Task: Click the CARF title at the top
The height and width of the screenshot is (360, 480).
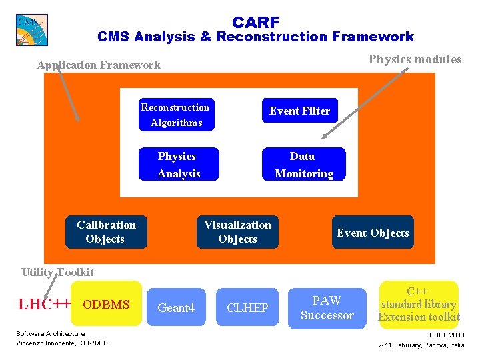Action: [x=255, y=22]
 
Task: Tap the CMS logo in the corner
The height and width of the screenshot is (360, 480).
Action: [x=31, y=29]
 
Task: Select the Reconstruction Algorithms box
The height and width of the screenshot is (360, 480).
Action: [x=175, y=115]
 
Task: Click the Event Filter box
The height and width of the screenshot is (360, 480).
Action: [x=299, y=111]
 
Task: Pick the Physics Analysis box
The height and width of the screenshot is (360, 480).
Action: [x=178, y=165]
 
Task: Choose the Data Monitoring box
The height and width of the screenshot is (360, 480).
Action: [x=303, y=165]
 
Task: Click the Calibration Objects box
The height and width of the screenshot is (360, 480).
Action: [x=106, y=232]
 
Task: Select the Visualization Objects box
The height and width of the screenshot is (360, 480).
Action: [x=237, y=232]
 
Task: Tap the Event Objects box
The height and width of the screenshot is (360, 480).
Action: [x=373, y=233]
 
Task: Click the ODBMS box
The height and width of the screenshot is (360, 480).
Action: [x=106, y=305]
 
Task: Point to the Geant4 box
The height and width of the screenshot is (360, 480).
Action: [x=176, y=307]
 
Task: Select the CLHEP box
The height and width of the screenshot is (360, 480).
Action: [x=247, y=307]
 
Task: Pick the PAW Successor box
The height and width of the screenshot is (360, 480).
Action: [x=327, y=307]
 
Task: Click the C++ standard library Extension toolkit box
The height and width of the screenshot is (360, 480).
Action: [x=419, y=304]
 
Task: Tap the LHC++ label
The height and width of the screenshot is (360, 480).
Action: [x=44, y=305]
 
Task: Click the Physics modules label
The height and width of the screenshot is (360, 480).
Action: [x=415, y=59]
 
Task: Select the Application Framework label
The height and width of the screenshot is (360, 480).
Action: [x=99, y=65]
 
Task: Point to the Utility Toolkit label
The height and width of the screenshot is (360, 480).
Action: [x=57, y=272]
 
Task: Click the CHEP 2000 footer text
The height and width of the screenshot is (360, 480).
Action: [x=447, y=335]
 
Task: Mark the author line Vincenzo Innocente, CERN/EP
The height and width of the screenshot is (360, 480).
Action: [x=62, y=343]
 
